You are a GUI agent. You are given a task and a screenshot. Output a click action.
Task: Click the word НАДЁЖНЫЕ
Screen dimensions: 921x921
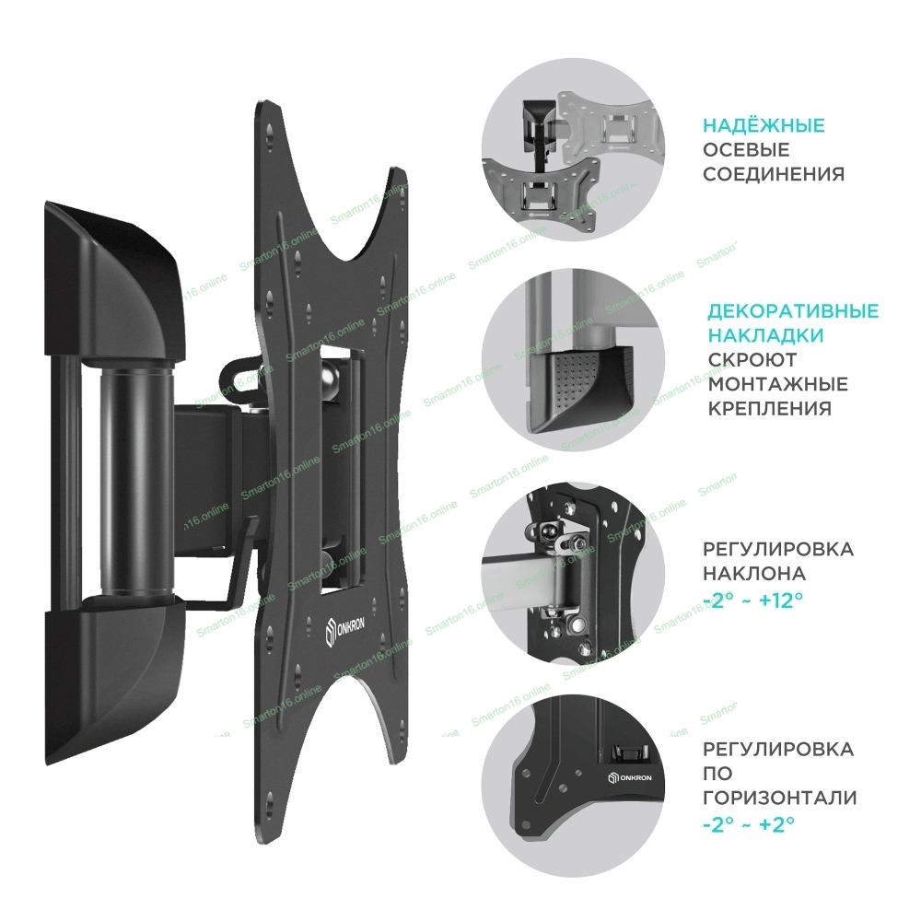point(764,125)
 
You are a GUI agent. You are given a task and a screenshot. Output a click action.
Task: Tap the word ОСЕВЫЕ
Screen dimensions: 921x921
point(746,150)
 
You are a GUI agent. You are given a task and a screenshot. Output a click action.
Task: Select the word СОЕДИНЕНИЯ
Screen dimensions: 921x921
point(774,174)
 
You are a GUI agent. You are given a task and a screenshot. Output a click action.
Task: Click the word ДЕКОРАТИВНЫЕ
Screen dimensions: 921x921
point(793,310)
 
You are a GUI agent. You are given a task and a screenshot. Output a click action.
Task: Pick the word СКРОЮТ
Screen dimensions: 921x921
point(752,359)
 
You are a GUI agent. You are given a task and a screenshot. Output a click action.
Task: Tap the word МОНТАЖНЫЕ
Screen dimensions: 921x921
point(777,384)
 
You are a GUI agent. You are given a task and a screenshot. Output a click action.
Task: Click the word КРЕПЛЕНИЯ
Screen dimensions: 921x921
point(769,409)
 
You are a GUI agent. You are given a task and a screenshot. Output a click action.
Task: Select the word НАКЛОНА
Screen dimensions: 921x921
point(754,573)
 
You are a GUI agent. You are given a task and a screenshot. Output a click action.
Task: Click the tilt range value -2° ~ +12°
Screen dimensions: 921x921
point(753,600)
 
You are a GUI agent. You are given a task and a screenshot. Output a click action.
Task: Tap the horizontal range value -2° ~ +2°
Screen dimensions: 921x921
point(749,824)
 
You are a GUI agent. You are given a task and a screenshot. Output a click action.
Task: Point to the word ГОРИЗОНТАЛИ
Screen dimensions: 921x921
point(779,798)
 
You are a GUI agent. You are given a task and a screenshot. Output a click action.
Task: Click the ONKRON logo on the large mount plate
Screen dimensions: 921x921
point(344,630)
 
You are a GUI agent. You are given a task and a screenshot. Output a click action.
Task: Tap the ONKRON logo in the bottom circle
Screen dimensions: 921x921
point(629,777)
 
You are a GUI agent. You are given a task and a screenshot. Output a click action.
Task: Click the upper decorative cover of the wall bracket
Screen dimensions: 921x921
point(114,282)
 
